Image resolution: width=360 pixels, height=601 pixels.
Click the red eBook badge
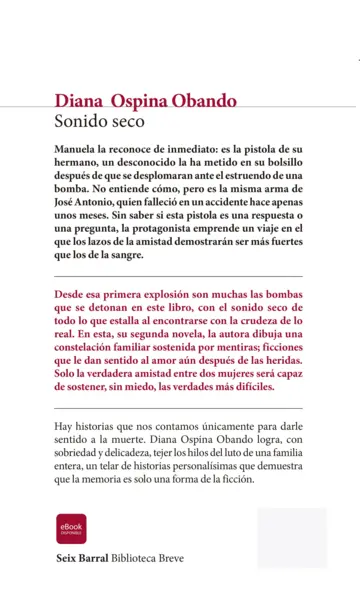(x=71, y=528)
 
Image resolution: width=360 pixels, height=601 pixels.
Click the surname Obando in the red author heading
(x=204, y=100)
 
